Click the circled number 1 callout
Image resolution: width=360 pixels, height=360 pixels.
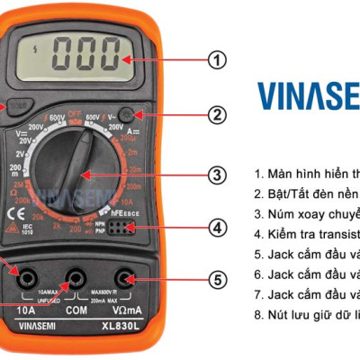(216, 60)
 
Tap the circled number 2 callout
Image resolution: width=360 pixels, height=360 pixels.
(216, 114)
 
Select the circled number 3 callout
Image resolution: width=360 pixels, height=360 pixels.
(216, 175)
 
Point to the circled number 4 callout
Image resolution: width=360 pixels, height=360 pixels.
(216, 227)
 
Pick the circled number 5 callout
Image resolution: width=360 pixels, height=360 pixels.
(216, 279)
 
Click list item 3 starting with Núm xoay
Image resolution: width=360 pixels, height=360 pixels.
(306, 213)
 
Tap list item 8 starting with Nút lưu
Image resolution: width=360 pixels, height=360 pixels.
(306, 312)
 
